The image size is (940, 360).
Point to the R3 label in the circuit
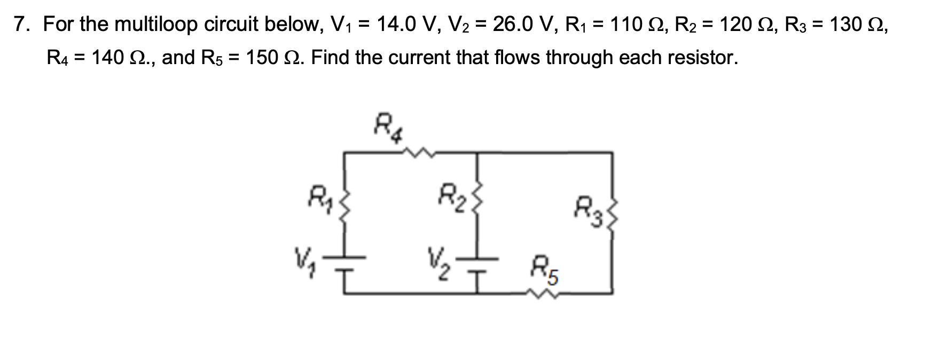coord(588,209)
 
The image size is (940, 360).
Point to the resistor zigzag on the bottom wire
coord(544,293)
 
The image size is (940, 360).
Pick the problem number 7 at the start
coord(21,24)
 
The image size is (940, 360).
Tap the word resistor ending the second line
coord(700,57)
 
